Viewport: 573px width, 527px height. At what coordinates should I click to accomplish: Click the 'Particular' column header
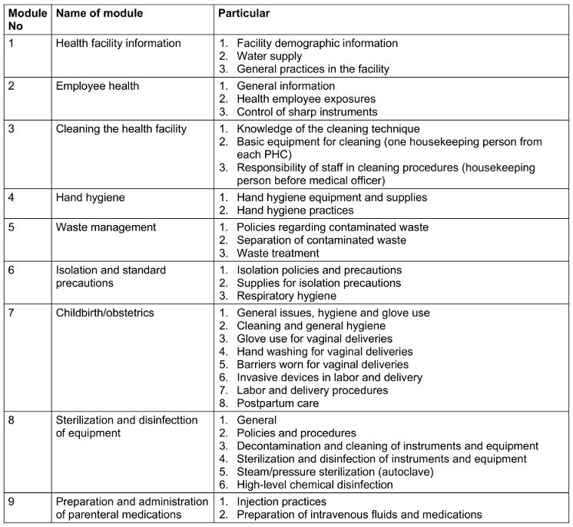click(x=244, y=14)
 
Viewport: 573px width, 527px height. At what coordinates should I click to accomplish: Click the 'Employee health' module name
click(x=98, y=86)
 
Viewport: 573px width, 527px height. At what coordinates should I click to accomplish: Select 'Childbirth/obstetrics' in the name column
click(x=111, y=313)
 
